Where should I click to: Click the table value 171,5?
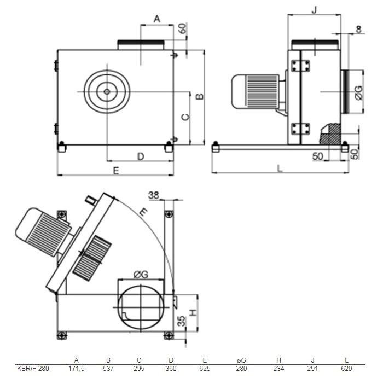point(77,368)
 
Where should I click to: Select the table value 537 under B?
point(108,368)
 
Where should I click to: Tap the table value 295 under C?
point(139,368)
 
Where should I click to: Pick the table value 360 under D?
point(171,368)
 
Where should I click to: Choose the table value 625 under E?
point(204,368)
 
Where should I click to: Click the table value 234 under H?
point(278,368)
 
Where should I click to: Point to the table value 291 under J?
point(312,368)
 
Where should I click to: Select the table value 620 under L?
point(347,368)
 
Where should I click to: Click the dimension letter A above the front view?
point(156,19)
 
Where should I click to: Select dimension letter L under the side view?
point(280,168)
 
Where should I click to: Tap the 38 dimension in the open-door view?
point(154,194)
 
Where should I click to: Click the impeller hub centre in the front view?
point(107,91)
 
